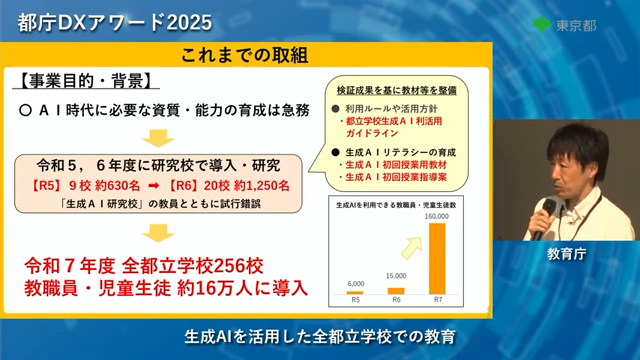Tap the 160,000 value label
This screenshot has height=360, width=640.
[x=439, y=217]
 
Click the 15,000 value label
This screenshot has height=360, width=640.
[x=396, y=276]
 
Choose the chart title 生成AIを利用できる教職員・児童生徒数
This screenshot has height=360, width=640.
[x=396, y=205]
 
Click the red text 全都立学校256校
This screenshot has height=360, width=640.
[x=206, y=267]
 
